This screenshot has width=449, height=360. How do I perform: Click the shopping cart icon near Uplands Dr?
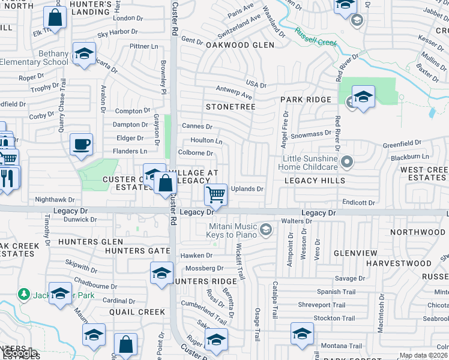click(215, 194)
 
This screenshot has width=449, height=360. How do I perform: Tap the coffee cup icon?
click(81, 145)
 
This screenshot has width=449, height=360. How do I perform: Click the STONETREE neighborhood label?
click(231, 107)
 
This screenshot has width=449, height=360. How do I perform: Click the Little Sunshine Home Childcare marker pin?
click(346, 161)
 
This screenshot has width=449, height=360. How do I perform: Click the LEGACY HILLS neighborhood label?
click(315, 181)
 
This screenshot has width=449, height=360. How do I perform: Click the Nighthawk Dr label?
click(55, 199)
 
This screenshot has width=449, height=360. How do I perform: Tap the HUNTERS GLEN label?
click(83, 241)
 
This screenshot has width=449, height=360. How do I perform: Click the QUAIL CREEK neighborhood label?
click(137, 312)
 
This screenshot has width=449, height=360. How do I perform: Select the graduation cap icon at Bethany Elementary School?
click(84, 53)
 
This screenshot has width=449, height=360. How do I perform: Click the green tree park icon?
click(23, 295)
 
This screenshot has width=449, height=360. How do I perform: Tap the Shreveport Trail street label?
click(322, 305)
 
